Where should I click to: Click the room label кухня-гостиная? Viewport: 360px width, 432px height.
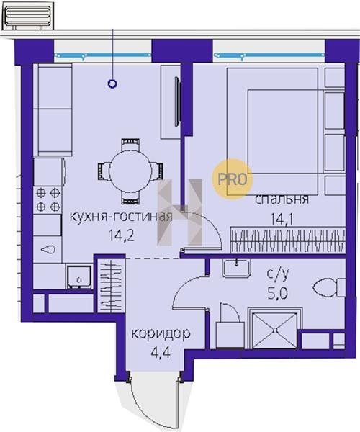(121, 217)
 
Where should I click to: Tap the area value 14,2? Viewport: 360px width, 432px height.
(122, 236)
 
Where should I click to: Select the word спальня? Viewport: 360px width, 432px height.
(282, 199)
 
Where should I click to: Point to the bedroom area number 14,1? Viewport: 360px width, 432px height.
(282, 220)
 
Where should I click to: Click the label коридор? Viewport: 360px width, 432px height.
(161, 334)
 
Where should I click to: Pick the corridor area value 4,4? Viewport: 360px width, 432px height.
(161, 352)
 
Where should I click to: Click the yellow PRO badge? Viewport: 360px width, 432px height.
(232, 179)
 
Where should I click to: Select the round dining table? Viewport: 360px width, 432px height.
(130, 171)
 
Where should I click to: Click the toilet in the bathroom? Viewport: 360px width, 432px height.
(329, 287)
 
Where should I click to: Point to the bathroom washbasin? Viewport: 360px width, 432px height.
(237, 269)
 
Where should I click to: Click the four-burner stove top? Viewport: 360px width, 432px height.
(48, 199)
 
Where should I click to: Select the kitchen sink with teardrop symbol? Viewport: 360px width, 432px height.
(48, 250)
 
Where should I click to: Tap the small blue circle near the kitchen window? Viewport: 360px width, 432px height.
(112, 84)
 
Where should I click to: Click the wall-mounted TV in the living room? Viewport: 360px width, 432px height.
(177, 102)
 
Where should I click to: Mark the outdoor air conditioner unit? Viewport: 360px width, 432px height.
(27, 17)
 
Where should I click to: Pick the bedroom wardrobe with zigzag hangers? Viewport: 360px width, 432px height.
(287, 240)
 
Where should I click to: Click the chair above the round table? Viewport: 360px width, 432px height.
(130, 145)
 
